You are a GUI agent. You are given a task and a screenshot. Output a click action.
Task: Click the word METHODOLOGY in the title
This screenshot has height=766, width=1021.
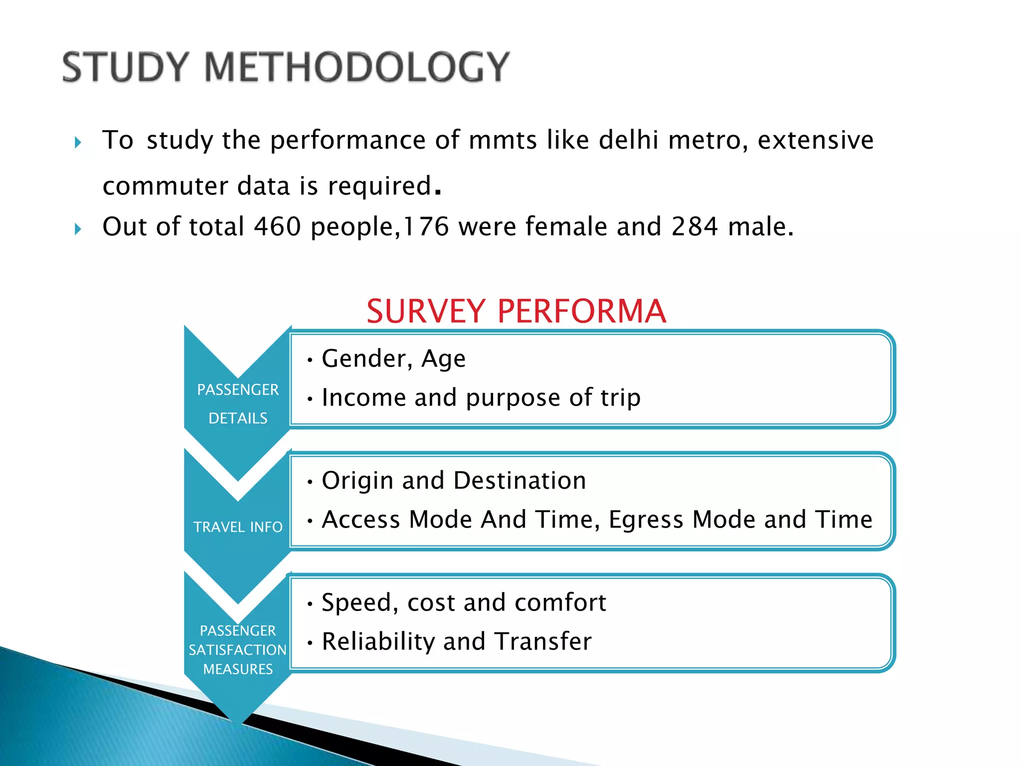(x=357, y=67)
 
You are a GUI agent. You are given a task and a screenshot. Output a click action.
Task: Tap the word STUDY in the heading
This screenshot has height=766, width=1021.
(x=125, y=67)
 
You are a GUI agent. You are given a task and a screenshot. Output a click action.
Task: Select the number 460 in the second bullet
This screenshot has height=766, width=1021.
(x=277, y=227)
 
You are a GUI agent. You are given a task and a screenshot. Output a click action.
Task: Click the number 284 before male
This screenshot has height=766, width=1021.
(x=694, y=227)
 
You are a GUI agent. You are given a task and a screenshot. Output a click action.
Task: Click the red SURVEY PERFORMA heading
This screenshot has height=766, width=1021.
(x=516, y=311)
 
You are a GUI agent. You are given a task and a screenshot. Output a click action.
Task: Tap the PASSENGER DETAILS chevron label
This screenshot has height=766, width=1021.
(x=238, y=403)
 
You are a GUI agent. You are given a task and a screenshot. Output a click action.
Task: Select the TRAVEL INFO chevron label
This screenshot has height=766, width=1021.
(x=238, y=527)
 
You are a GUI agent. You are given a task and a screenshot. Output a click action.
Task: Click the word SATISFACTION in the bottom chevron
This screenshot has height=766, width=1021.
(x=238, y=650)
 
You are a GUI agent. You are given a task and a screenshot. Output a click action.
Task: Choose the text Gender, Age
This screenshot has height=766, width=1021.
(x=393, y=359)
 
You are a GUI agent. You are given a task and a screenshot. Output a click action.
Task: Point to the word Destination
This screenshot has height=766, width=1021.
(x=519, y=481)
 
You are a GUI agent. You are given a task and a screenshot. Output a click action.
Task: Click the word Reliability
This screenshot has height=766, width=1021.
(x=378, y=642)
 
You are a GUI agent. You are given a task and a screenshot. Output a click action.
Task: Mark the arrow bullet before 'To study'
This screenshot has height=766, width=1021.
(x=78, y=143)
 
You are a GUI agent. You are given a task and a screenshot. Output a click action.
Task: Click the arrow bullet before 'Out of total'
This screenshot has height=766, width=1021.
(x=78, y=229)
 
